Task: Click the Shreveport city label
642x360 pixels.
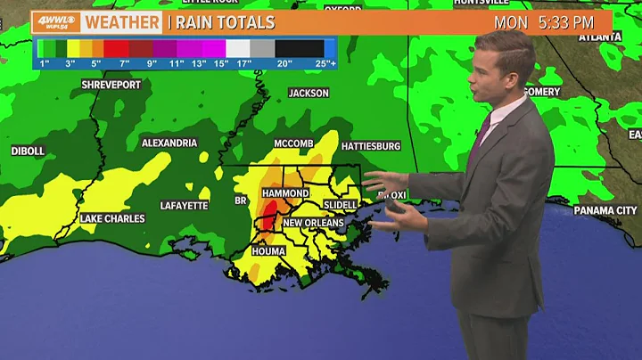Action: [87, 85]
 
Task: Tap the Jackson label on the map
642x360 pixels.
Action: [309, 94]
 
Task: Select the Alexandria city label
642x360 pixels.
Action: [169, 143]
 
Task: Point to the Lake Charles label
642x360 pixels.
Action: [111, 218]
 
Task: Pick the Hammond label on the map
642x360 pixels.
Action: [285, 193]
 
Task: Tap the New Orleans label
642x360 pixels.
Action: [313, 222]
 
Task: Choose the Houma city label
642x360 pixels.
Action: [267, 251]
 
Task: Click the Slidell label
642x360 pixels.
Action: [338, 205]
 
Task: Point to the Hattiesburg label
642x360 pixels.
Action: [370, 145]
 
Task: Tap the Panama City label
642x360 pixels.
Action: [605, 210]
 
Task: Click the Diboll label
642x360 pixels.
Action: [28, 151]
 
